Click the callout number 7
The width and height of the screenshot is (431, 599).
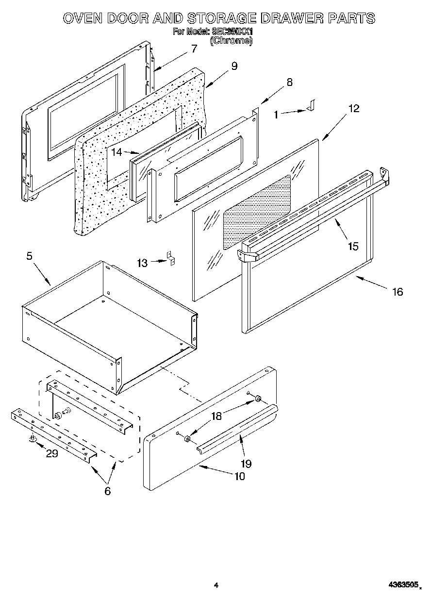point(194,49)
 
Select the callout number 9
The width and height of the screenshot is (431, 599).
point(234,66)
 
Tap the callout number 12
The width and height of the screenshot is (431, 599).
point(354,108)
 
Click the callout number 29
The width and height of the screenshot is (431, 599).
point(52,453)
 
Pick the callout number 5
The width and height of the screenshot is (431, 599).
point(30,256)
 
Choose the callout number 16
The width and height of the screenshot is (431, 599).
point(398,292)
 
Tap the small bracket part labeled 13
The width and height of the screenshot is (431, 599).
point(171,259)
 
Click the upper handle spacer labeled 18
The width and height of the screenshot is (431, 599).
point(258,399)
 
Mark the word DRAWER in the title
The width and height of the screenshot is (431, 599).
point(289,18)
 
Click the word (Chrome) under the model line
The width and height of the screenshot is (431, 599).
point(231,41)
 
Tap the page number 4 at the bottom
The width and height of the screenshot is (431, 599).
point(216,586)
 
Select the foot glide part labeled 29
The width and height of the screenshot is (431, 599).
point(33,439)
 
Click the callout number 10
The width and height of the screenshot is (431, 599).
point(239,476)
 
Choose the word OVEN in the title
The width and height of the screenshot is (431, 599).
point(83,18)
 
